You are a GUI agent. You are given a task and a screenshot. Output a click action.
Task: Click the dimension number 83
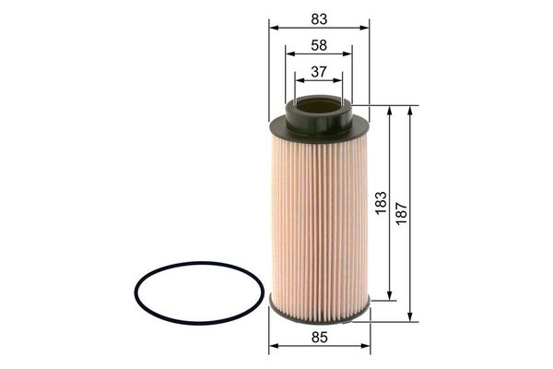click(319, 19)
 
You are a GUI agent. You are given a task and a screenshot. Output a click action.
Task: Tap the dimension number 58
click(319, 45)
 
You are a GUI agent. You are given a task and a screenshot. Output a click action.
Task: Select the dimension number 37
click(319, 72)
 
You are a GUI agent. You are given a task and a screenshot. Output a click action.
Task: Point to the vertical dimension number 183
click(382, 203)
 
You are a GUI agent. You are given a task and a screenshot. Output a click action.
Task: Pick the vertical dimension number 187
click(402, 213)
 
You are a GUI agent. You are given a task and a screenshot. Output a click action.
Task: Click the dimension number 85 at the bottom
click(320, 338)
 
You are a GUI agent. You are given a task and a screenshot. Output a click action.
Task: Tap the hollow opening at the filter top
click(319, 105)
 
